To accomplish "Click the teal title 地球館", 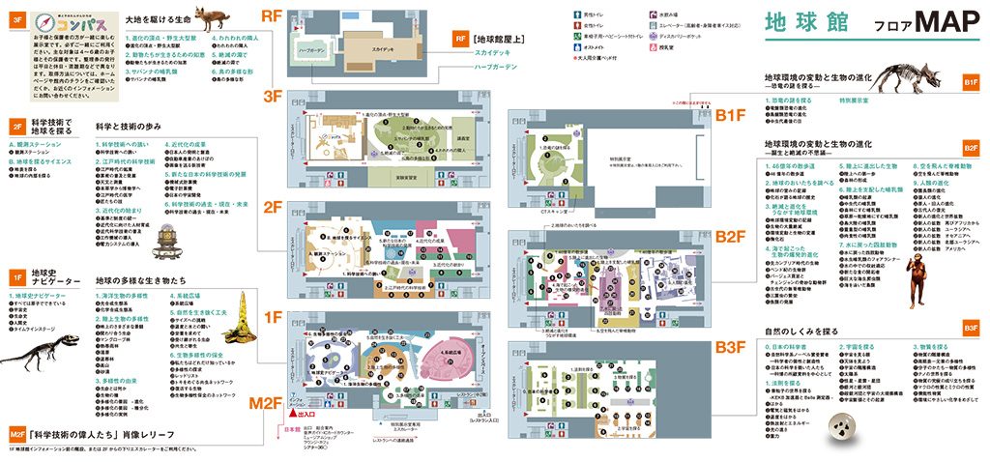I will [799, 24].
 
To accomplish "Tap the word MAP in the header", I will [936, 23].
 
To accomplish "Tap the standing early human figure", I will [924, 268].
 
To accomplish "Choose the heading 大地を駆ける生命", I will [159, 19].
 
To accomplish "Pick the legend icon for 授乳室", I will [654, 46].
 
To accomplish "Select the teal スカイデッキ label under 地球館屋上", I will [493, 54].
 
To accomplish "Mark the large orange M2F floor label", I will [264, 400].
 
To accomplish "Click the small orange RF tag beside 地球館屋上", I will [461, 39].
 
